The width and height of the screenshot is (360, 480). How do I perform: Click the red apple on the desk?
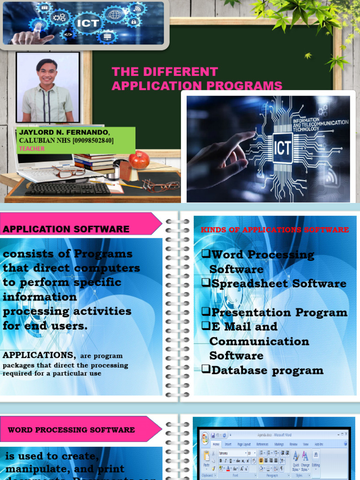pyautogui.click(x=139, y=160)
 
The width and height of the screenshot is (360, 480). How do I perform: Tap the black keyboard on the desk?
pyautogui.click(x=68, y=188)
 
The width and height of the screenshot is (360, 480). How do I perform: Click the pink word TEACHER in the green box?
pyautogui.click(x=32, y=149)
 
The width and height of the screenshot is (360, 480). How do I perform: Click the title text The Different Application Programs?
pyautogui.click(x=197, y=79)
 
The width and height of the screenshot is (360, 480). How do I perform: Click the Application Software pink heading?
pyautogui.click(x=66, y=229)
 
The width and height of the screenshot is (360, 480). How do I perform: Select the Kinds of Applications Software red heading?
pyautogui.click(x=275, y=230)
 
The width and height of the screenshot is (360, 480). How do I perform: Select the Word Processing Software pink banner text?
pyautogui.click(x=71, y=430)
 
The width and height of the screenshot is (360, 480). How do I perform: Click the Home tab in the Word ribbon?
pyautogui.click(x=216, y=444)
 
